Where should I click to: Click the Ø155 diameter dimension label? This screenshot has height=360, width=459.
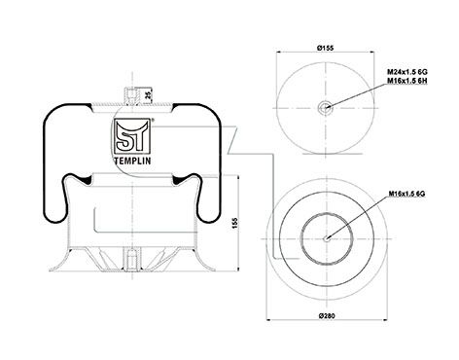[x=325, y=48]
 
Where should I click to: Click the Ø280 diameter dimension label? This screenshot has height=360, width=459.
[x=327, y=315]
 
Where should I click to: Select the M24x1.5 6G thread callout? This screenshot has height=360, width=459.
[x=407, y=72]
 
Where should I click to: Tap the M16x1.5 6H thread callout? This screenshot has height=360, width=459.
[x=407, y=81]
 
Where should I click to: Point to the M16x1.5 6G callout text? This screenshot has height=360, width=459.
[x=407, y=194]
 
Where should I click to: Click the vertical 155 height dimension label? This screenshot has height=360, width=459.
[x=235, y=223]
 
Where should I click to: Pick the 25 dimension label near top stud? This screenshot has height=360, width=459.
[x=148, y=95]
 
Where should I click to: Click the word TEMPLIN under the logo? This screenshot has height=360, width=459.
[x=133, y=161]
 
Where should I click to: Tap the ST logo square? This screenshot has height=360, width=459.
[x=132, y=136]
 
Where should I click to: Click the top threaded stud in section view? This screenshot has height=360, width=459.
[x=132, y=96]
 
